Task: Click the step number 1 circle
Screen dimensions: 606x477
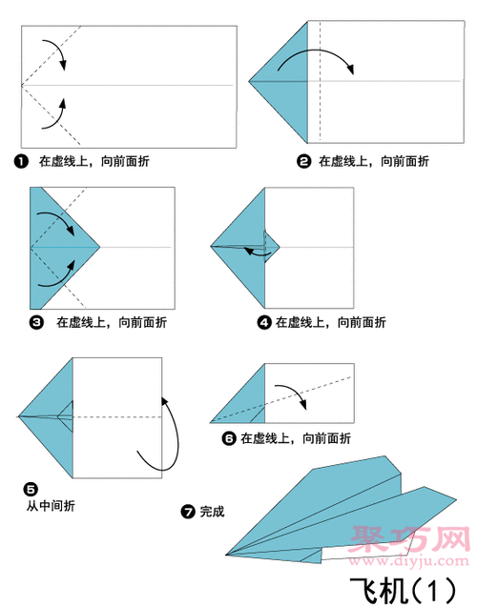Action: pos(21,162)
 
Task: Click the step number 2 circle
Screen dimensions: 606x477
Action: pos(304,162)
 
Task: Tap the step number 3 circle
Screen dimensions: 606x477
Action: pos(36,322)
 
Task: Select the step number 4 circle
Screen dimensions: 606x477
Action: pos(264,322)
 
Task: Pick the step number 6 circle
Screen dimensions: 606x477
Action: pos(229,438)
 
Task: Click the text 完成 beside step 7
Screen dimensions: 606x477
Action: pos(212,512)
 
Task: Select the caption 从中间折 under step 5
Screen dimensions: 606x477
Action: pos(51,506)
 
